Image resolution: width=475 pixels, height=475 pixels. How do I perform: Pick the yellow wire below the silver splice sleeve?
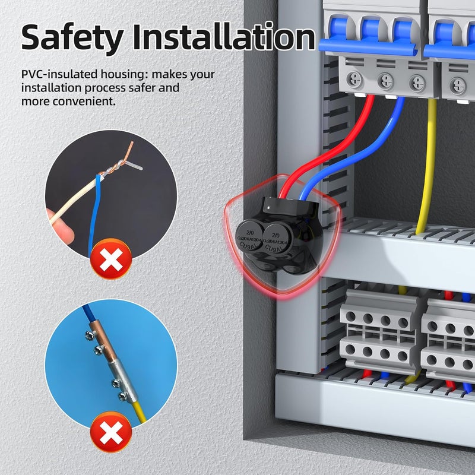[x=138, y=411]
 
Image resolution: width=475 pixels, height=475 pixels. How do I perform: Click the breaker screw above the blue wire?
[x=386, y=80]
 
